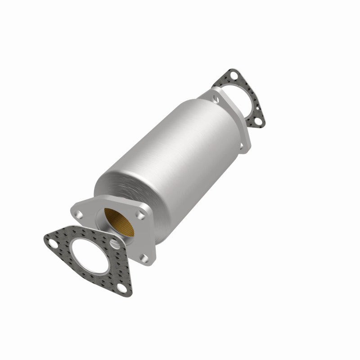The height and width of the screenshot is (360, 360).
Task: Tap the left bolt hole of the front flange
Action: coord(79,210)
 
